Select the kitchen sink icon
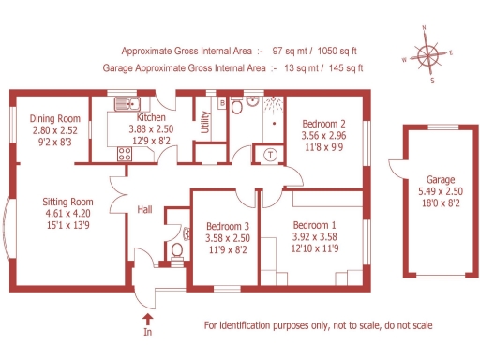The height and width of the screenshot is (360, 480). pyautogui.click(x=126, y=103)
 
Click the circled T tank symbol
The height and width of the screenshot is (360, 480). pyautogui.click(x=270, y=155)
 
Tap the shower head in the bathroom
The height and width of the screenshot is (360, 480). pyautogui.click(x=273, y=104)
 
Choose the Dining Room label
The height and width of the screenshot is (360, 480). pyautogui.click(x=54, y=118)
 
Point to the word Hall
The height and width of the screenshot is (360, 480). pyautogui.click(x=145, y=210)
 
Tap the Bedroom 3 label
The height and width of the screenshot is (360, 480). pyautogui.click(x=227, y=227)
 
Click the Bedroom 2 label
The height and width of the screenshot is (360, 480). pyautogui.click(x=323, y=123)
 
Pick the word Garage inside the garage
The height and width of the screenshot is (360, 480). pyautogui.click(x=442, y=179)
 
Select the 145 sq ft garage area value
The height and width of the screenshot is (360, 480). pyautogui.click(x=342, y=67)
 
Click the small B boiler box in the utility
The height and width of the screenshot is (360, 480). pyautogui.click(x=221, y=103)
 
